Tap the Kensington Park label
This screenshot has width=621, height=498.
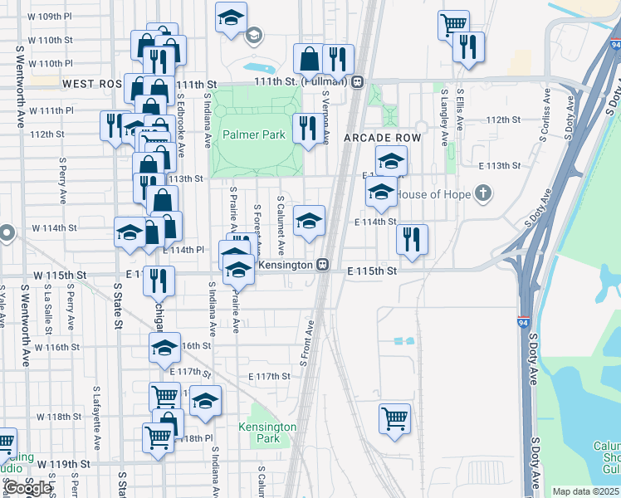click(x=267, y=432)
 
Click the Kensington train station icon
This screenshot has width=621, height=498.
click(x=323, y=266)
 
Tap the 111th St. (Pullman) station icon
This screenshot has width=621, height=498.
click(x=357, y=82)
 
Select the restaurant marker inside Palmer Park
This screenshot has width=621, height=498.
click(x=307, y=128)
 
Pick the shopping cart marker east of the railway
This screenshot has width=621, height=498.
click(x=394, y=417)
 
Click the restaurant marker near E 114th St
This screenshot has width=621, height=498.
click(x=411, y=239)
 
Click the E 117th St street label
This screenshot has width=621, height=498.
click(x=270, y=376)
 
